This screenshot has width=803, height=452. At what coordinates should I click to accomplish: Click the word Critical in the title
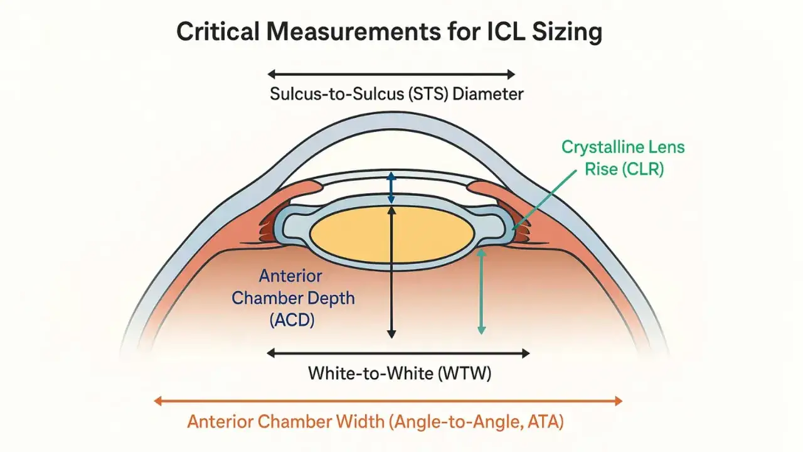218,31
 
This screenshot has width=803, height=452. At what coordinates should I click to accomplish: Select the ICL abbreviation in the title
506,31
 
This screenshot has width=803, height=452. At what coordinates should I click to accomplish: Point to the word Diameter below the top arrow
488,94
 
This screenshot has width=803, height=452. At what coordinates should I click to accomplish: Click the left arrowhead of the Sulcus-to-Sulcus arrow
272,75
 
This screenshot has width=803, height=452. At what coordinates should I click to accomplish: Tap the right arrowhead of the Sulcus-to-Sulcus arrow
511,75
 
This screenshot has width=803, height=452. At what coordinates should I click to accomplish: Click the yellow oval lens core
392,234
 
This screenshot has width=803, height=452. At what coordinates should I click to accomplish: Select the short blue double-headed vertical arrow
391,188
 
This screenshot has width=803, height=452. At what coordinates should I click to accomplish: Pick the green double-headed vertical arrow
481,292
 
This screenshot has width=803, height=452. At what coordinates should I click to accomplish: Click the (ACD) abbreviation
292,320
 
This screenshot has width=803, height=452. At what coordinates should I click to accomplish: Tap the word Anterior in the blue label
290,276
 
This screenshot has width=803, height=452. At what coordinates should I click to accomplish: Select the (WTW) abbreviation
465,374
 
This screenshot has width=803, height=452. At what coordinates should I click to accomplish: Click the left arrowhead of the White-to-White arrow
271,353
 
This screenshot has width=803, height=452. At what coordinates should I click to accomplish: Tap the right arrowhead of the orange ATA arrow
619,401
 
